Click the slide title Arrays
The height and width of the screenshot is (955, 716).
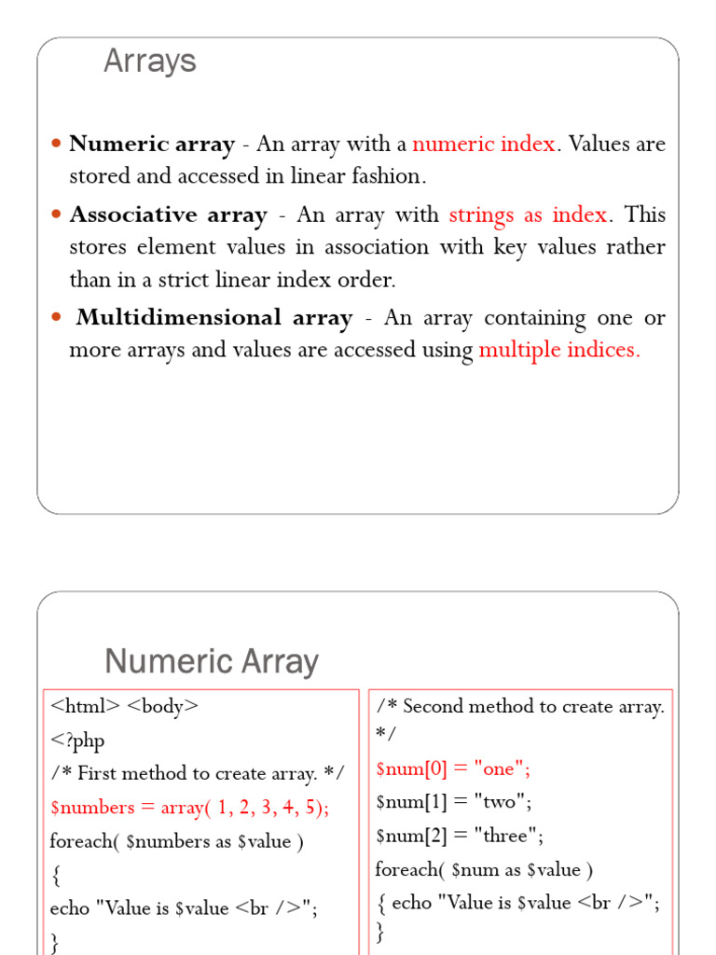[x=149, y=62]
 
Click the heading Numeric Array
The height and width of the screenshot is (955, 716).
[x=212, y=661]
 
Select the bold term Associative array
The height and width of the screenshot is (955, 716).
[x=168, y=215]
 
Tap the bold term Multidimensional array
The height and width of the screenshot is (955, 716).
[x=214, y=317]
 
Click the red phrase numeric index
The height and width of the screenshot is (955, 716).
[x=483, y=144]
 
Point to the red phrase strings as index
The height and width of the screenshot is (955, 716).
[x=528, y=215]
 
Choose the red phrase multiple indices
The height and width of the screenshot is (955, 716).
[x=559, y=351]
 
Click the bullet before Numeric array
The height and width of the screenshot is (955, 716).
[x=55, y=145]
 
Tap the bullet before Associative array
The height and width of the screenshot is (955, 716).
[x=55, y=215]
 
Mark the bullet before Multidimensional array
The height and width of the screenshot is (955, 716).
[x=55, y=318]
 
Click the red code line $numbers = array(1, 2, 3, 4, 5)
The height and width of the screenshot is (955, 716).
[x=189, y=807]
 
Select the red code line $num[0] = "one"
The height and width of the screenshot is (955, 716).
[x=453, y=768]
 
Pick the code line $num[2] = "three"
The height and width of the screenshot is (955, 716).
[x=460, y=834]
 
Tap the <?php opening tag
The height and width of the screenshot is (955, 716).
[x=77, y=740]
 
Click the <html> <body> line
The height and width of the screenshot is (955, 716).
[x=124, y=706]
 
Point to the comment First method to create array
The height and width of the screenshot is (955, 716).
[x=197, y=773]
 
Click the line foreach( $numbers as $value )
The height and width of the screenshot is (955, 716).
[x=176, y=840]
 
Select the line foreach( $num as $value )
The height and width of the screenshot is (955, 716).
[x=484, y=869]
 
